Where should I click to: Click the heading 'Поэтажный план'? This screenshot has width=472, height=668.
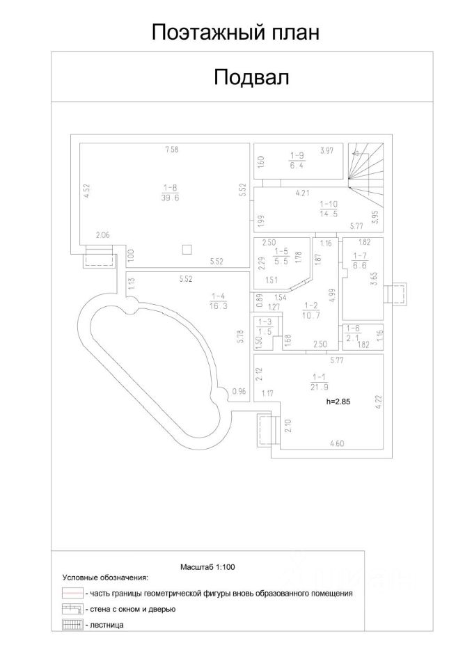point(235,33)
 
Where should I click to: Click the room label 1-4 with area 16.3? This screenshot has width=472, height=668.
point(218,300)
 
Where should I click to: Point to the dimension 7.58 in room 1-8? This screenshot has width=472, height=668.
point(171,149)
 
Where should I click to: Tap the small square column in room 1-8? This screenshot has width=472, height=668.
point(186,248)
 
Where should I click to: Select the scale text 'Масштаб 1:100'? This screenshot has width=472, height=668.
point(207,567)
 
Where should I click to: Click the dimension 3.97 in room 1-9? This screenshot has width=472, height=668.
point(327,150)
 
